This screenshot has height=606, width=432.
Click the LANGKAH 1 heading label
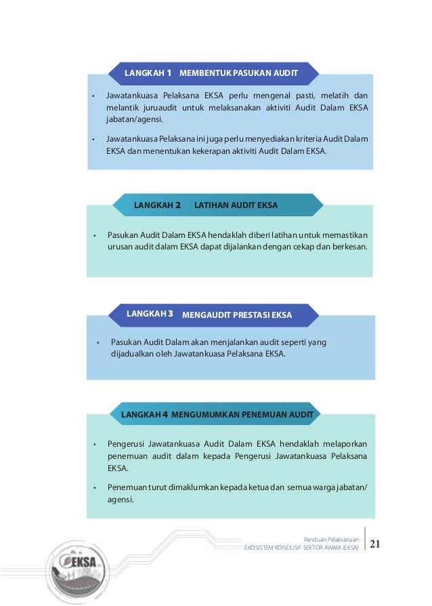click(x=148, y=72)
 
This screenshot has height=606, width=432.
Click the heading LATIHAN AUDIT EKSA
click(x=236, y=205)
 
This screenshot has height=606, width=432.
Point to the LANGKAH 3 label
click(x=150, y=314)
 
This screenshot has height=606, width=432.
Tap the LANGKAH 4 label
click(x=144, y=413)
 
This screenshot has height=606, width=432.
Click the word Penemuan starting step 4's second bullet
click(x=127, y=487)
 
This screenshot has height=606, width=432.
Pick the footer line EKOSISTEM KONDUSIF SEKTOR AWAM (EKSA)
click(x=301, y=547)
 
